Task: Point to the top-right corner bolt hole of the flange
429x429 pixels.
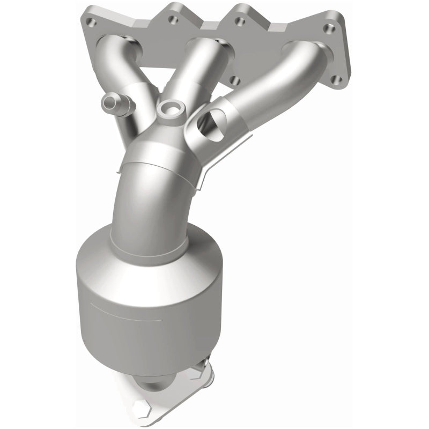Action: (x=326, y=24)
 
